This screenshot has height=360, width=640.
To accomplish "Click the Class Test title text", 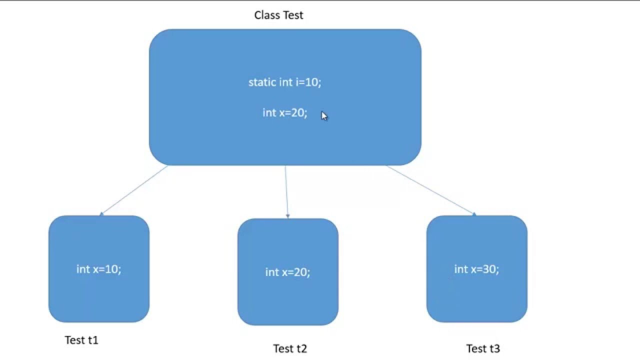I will click(278, 15).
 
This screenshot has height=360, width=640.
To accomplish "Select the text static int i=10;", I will click(285, 82).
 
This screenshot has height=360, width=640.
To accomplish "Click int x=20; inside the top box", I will click(285, 112).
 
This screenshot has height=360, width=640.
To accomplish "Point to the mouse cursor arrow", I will click(324, 116).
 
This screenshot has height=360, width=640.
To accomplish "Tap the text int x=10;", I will click(99, 269).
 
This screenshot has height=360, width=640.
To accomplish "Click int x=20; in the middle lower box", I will click(287, 272).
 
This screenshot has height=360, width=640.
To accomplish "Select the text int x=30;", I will click(476, 269).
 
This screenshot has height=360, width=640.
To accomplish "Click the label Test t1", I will click(81, 340).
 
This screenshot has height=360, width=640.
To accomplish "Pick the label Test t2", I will click(290, 348).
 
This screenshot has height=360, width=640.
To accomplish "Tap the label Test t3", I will click(483, 348).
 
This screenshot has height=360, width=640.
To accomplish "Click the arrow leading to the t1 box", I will click(134, 190).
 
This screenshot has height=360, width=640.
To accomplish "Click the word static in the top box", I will click(262, 82).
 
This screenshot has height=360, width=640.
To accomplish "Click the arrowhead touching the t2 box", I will click(288, 216).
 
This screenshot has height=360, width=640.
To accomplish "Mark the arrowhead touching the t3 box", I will click(473, 214).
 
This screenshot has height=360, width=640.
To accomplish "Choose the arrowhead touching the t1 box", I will click(101, 214).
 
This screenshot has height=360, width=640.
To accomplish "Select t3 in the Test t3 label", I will click(494, 348).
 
